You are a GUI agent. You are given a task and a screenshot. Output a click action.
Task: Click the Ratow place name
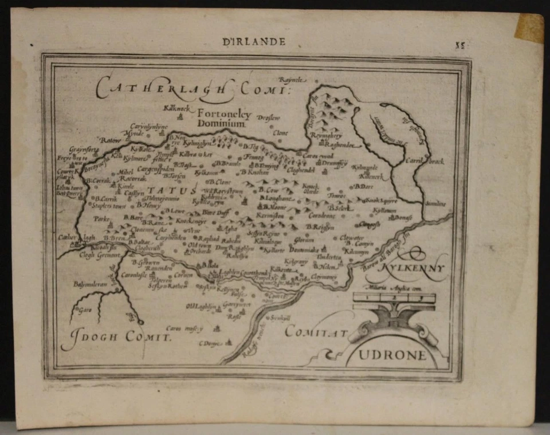112,139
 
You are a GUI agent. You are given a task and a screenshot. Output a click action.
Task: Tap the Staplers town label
108,206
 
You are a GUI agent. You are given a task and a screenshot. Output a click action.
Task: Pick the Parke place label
101,218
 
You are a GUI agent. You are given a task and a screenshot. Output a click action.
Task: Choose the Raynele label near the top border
293,80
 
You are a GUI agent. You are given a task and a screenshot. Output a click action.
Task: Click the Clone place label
281,132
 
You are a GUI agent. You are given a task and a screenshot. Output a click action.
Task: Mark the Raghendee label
340,146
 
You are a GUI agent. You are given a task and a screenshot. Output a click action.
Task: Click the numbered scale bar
394,298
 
